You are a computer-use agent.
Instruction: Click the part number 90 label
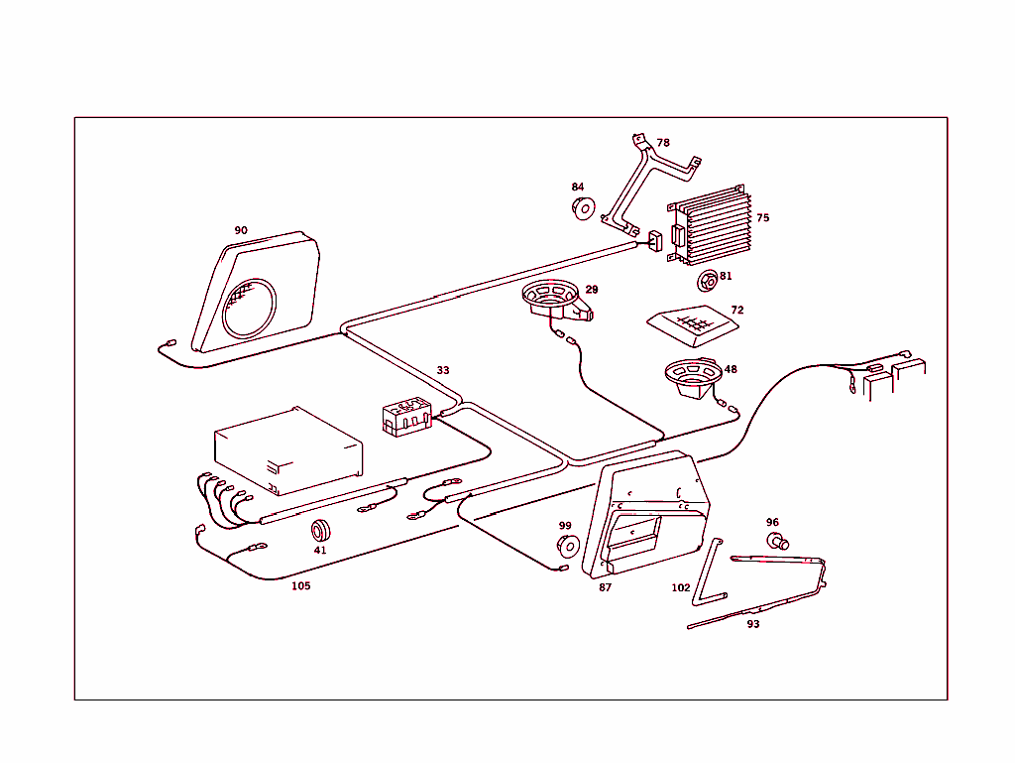(x=241, y=230)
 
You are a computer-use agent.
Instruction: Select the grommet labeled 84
(x=582, y=207)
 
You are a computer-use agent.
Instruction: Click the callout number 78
(x=663, y=143)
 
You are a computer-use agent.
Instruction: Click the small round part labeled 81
(x=707, y=281)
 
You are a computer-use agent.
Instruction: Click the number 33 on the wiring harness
(x=443, y=370)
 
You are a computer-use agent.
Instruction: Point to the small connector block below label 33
(x=405, y=416)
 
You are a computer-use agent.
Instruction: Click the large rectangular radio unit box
(x=288, y=448)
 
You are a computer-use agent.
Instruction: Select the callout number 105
(x=300, y=585)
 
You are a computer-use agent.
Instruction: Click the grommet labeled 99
(x=567, y=546)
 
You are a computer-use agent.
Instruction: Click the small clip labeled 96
(x=777, y=541)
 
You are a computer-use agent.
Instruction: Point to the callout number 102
(x=681, y=587)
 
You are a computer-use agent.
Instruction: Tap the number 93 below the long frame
(x=753, y=624)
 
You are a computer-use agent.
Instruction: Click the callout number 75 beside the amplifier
(x=762, y=217)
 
